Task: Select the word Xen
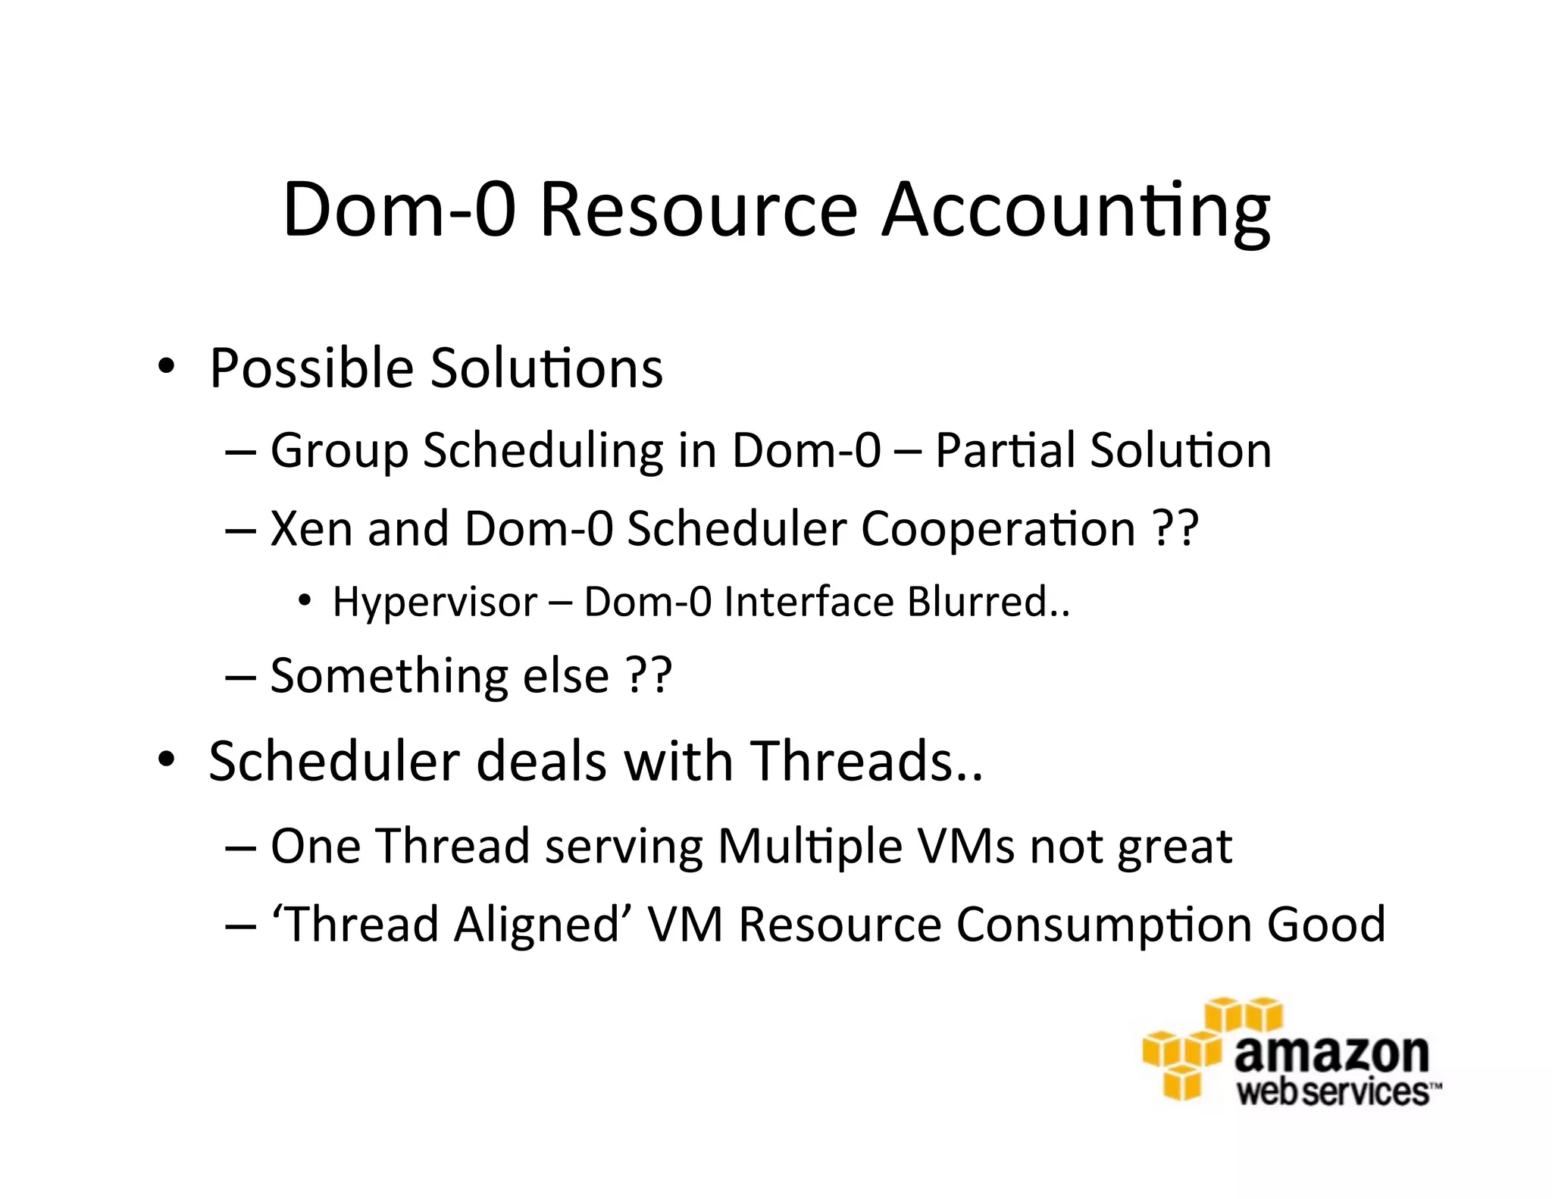pos(311,528)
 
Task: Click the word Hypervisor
pos(435,603)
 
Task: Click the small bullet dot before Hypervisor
pos(305,601)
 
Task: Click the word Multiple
pos(810,846)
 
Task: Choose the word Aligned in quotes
pos(537,924)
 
